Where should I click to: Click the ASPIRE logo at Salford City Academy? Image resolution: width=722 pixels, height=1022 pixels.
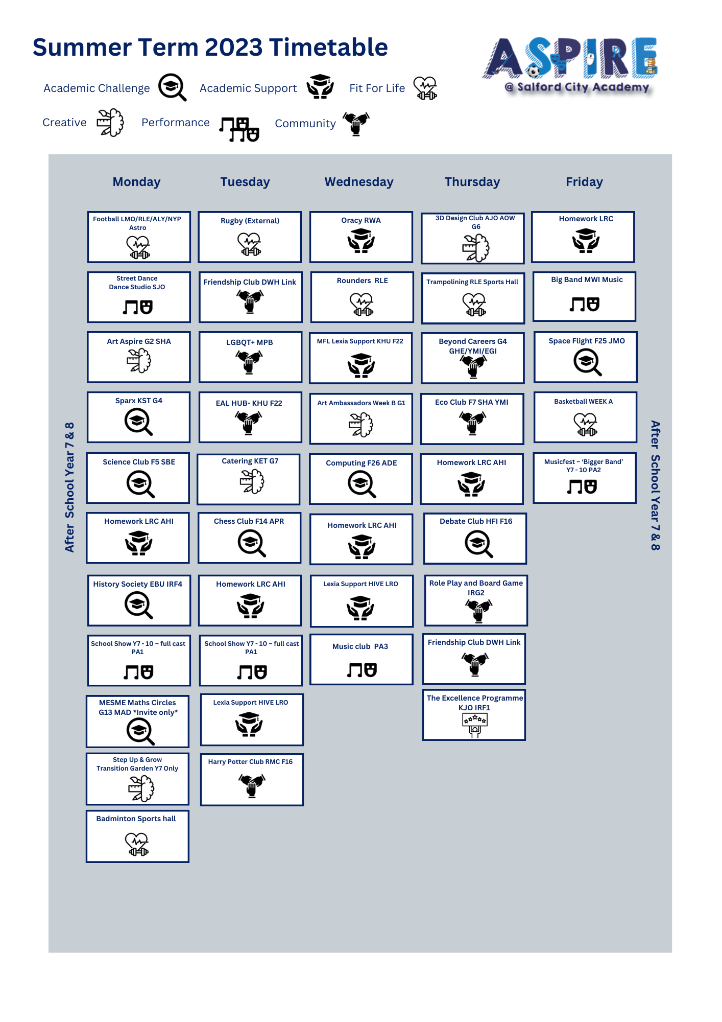[x=570, y=65]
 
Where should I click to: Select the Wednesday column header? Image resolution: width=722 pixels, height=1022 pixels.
[x=359, y=182]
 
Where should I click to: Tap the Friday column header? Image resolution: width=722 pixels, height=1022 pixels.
[x=584, y=182]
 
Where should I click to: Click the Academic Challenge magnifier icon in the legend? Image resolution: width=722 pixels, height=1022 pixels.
[x=172, y=87]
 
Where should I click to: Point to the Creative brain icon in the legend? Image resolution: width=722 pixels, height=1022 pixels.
[x=110, y=123]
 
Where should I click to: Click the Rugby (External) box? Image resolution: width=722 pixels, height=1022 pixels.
[x=250, y=237]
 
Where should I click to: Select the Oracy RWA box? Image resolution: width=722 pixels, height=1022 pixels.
[x=361, y=237]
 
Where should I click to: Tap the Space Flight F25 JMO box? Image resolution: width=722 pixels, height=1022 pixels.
[x=586, y=357]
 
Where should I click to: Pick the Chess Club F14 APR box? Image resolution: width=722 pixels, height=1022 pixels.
[x=249, y=538]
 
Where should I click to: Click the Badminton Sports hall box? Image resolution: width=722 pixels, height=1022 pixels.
[x=137, y=837]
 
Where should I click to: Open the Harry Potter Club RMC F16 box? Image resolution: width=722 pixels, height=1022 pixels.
[x=252, y=780]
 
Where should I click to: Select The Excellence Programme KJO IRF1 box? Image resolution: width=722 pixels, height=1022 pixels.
[x=474, y=715]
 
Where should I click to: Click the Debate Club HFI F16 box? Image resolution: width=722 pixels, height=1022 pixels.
[x=475, y=539]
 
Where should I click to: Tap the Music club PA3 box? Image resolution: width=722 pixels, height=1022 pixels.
[x=362, y=659]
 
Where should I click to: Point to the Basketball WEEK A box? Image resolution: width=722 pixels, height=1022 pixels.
[x=586, y=417]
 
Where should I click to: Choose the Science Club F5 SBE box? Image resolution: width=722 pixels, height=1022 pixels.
[x=138, y=478]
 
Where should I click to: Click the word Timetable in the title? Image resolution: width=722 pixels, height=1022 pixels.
[x=328, y=47]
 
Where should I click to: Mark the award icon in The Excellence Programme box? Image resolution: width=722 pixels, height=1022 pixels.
[x=475, y=725]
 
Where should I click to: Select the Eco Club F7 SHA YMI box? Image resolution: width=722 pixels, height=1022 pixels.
[x=472, y=419]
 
